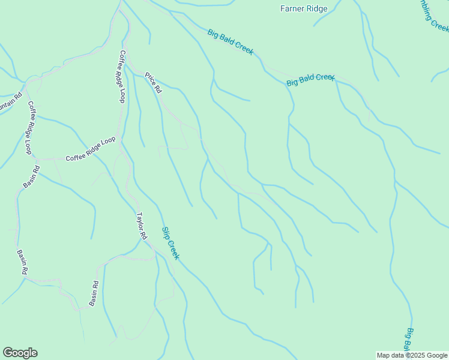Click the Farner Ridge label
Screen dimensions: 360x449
click(x=304, y=8)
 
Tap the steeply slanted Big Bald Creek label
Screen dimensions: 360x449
click(x=231, y=42)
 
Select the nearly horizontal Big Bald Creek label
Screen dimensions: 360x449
click(x=310, y=80)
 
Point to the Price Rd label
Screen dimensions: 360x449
click(x=154, y=83)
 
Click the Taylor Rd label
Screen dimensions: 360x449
click(x=141, y=226)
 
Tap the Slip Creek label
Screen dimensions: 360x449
click(x=170, y=243)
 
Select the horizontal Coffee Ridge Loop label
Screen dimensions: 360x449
click(x=90, y=149)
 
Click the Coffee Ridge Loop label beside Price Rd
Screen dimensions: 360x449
click(x=122, y=76)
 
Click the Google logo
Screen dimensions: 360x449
click(x=20, y=353)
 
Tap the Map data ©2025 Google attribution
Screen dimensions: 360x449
click(x=412, y=355)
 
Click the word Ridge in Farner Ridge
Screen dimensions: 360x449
click(x=316, y=8)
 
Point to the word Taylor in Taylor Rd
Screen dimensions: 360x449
click(x=139, y=221)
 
